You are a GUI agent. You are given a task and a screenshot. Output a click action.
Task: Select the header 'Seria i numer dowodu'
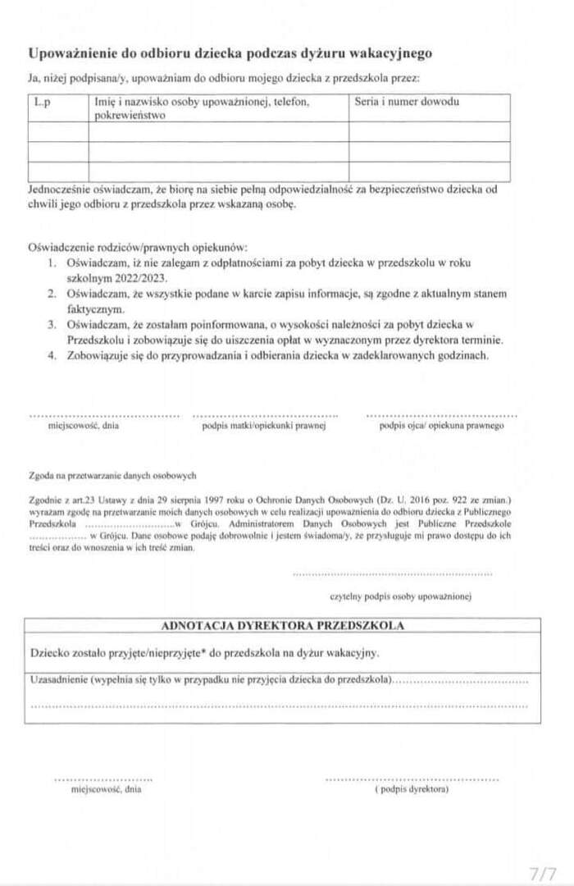(407, 103)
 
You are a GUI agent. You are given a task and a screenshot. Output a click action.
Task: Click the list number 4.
(51, 355)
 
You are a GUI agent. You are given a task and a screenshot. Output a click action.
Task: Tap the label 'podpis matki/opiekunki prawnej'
(264, 426)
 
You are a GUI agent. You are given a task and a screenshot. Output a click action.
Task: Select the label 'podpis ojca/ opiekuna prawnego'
(441, 426)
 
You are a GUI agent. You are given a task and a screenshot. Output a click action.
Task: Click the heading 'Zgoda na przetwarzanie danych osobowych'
(112, 475)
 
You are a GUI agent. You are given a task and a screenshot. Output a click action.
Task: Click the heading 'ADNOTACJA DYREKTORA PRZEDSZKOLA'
(282, 625)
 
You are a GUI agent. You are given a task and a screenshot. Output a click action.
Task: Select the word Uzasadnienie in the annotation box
(58, 681)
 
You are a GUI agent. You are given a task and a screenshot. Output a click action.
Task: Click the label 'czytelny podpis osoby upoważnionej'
(400, 596)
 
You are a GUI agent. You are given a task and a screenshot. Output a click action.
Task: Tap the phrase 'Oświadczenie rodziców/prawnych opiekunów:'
(137, 246)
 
